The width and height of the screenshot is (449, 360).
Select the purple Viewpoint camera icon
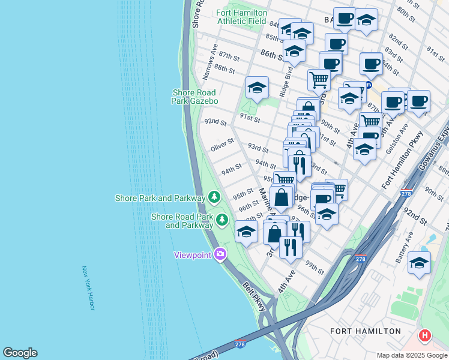click(221, 254)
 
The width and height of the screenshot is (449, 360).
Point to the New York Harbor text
click(89, 288)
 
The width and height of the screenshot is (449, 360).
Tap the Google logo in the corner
click(20, 353)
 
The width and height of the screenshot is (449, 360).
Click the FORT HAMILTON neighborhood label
click(365, 331)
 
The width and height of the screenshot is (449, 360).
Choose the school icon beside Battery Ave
click(419, 262)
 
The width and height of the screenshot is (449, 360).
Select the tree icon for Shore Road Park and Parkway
click(222, 220)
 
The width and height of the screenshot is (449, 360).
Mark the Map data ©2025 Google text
click(411, 355)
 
